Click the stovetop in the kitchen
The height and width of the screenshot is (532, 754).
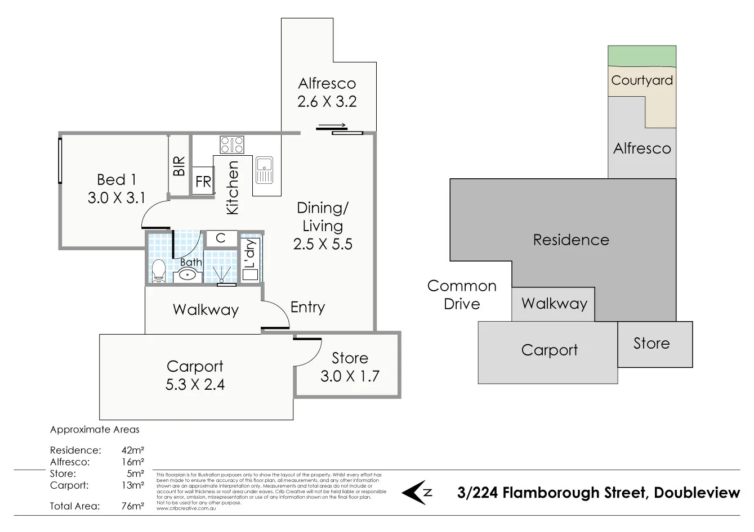[x=231, y=145]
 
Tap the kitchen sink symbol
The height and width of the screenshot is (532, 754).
[x=264, y=170]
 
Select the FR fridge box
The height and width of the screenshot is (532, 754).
[x=203, y=182]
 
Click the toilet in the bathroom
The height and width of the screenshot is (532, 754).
[x=158, y=270]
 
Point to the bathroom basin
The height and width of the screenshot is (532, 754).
[x=187, y=276]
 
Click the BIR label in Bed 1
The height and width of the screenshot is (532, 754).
[x=179, y=166]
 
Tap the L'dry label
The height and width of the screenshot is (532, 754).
[x=250, y=254]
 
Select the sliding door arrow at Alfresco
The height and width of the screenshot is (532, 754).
[x=332, y=126]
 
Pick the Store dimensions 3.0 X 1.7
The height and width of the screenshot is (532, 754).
[x=350, y=376]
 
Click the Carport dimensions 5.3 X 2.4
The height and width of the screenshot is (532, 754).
[x=195, y=385]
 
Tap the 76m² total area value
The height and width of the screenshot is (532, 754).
[x=133, y=506]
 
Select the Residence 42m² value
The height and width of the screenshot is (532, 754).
[x=133, y=450]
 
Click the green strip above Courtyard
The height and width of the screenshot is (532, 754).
[x=641, y=56]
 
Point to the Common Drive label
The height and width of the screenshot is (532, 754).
[x=462, y=295]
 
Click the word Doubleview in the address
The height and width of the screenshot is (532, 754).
[x=697, y=493]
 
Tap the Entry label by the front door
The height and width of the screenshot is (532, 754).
[x=307, y=307]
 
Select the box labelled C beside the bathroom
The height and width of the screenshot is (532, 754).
[x=221, y=238]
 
